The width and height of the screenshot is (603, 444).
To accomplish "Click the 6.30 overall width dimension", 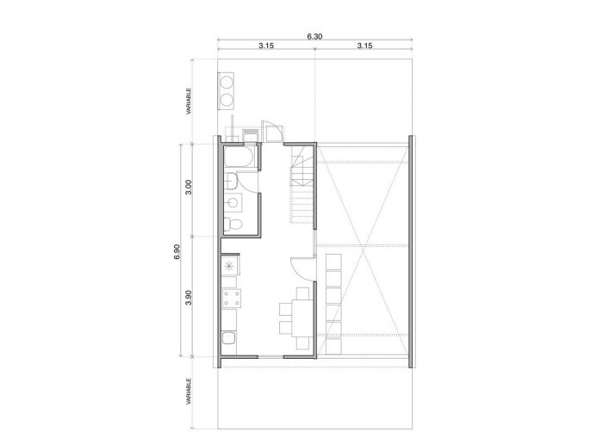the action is (314, 36).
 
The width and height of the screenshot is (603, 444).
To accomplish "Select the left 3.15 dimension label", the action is (266, 46).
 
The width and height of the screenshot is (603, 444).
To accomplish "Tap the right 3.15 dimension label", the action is (364, 46).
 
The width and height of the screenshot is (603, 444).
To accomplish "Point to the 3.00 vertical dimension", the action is (189, 187).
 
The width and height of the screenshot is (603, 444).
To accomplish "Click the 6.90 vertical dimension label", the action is (177, 252).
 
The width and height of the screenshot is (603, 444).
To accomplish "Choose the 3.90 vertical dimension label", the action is (189, 298).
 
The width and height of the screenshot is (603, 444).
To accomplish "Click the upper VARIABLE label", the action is (189, 102).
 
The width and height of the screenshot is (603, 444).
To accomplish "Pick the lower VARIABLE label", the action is (189, 392).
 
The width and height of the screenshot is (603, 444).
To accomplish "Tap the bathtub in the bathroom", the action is (239, 157).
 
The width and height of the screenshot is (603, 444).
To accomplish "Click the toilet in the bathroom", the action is (233, 225).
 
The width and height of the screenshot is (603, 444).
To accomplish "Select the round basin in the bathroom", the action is (233, 202).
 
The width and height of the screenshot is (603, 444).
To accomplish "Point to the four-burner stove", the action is (232, 299).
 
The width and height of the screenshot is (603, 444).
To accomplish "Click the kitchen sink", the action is (230, 339).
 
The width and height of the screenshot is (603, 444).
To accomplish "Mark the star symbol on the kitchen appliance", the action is (229, 265).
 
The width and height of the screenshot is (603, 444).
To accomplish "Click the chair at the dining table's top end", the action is (302, 293).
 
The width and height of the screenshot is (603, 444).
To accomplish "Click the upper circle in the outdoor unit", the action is (226, 83).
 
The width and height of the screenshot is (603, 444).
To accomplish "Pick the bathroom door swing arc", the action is (248, 183).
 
